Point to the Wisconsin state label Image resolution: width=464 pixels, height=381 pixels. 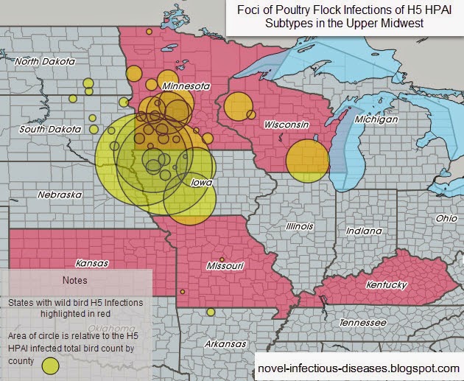pyautogui.click(x=286, y=125)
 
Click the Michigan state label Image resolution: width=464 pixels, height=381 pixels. pyautogui.click(x=376, y=119)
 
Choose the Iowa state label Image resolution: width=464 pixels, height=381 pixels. pyautogui.click(x=201, y=182)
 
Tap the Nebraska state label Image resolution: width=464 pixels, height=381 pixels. pyautogui.click(x=60, y=195)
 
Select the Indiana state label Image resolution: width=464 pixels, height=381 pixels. pyautogui.click(x=364, y=231)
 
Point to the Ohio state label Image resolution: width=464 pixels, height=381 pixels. pyautogui.click(x=446, y=219)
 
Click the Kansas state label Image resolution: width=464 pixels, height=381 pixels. pyautogui.click(x=91, y=263)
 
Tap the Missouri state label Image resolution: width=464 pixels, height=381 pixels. pyautogui.click(x=225, y=265)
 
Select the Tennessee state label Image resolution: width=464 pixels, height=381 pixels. pyautogui.click(x=361, y=324)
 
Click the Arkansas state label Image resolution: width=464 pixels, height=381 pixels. pyautogui.click(x=225, y=344)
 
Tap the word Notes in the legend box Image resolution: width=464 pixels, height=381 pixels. pyautogui.click(x=74, y=280)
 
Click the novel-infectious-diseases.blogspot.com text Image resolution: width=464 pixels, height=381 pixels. pyautogui.click(x=358, y=367)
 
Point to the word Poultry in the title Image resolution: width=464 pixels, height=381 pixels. pyautogui.click(x=296, y=10)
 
